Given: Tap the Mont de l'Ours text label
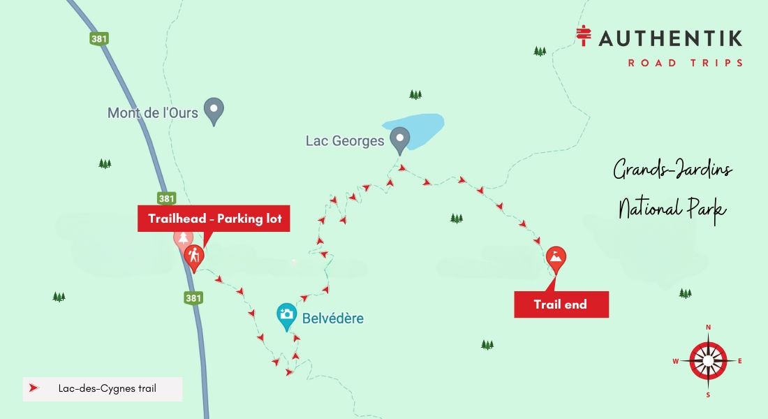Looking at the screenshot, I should click(152, 112).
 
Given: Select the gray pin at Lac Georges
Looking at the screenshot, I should click(399, 139).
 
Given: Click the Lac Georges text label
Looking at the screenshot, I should click(345, 141).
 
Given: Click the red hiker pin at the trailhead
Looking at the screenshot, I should click(194, 258).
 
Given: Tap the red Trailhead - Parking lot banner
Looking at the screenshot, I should click(214, 219).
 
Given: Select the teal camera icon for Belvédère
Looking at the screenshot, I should click(286, 315).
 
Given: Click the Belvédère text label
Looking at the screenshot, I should click(332, 318).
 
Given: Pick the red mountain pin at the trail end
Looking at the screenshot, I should click(556, 258).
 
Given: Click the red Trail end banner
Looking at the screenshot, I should click(561, 304).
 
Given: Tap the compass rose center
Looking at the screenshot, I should click(708, 361).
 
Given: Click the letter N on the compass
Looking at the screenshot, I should click(708, 327).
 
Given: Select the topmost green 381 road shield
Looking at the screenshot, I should click(98, 38).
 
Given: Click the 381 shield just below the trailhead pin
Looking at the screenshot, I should click(193, 298).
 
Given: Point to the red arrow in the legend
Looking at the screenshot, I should click(34, 388).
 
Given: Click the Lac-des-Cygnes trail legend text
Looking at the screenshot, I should click(105, 388).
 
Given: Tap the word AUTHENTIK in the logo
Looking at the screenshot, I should click(670, 39).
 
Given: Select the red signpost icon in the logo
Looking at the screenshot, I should click(584, 36).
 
